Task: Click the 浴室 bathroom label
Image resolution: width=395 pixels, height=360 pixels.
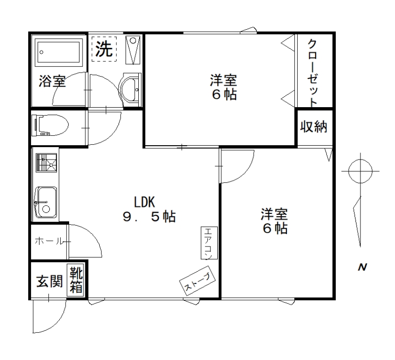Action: click(52, 81)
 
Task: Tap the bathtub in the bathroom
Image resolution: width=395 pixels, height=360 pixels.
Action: click(59, 52)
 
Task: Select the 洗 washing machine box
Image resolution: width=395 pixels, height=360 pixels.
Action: click(104, 49)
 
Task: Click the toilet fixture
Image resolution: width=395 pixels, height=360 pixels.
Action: click(50, 125)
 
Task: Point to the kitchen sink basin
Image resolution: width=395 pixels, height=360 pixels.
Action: click(45, 202)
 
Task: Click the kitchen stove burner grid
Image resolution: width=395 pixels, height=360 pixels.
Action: click(46, 163)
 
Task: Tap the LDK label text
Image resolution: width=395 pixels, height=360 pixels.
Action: click(144, 202)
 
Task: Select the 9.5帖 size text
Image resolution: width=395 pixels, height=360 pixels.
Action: click(149, 216)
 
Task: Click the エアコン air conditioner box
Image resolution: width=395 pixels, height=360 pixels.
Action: click(209, 243)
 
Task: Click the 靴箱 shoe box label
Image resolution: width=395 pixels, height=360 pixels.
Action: click(76, 280)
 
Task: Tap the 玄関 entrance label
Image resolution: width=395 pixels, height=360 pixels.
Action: click(50, 281)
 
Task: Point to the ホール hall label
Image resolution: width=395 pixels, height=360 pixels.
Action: click(49, 241)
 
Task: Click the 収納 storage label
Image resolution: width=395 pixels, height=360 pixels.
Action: click(314, 126)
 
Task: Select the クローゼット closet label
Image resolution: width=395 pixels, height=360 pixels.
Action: click(313, 73)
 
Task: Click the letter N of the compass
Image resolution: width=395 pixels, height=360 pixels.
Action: click(362, 267)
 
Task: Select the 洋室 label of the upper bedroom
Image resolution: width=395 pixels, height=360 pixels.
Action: click(224, 80)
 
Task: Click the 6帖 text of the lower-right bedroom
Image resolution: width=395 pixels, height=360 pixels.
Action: click(275, 228)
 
